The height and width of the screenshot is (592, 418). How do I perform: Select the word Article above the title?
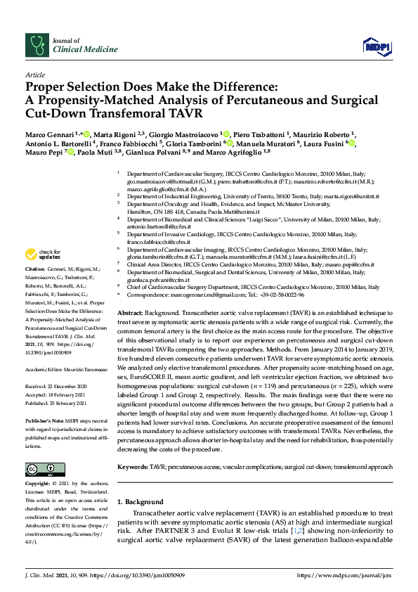[x=34, y=74]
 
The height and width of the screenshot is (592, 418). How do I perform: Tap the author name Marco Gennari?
[x=47, y=134]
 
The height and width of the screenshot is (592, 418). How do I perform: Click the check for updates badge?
[x=44, y=254]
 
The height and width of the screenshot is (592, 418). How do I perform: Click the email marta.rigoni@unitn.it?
[x=346, y=197]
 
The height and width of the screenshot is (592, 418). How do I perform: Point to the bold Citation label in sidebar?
[x=37, y=269]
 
